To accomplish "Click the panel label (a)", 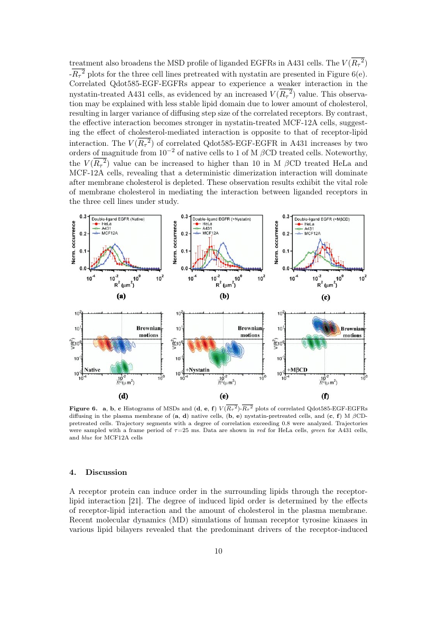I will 121,296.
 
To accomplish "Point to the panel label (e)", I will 224,396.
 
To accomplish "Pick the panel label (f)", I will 326,396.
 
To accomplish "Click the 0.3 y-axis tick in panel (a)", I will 83,217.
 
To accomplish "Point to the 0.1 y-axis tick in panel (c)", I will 287,251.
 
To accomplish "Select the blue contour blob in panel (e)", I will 233,349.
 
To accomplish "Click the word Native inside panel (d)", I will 92,370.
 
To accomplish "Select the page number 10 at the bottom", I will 218,551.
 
